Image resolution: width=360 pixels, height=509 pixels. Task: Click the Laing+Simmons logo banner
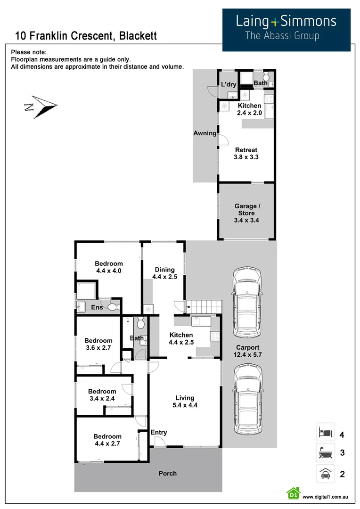(x=286, y=29)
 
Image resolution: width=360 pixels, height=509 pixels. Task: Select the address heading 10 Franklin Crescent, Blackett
(x=86, y=36)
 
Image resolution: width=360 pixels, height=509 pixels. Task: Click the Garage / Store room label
(x=246, y=213)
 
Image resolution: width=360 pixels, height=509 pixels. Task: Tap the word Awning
(x=205, y=133)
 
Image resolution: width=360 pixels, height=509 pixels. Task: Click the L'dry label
(x=229, y=85)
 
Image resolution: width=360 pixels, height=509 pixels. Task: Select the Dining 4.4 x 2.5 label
(x=164, y=273)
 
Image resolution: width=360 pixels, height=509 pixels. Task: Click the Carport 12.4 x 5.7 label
(x=247, y=352)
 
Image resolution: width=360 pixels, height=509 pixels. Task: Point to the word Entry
(x=159, y=433)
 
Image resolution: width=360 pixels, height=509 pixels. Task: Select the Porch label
(x=167, y=473)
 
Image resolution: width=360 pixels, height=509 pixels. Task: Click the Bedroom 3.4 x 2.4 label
(x=102, y=395)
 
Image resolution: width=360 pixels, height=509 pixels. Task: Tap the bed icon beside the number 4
(x=325, y=432)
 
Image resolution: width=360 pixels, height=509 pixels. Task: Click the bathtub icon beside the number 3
(x=325, y=453)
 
